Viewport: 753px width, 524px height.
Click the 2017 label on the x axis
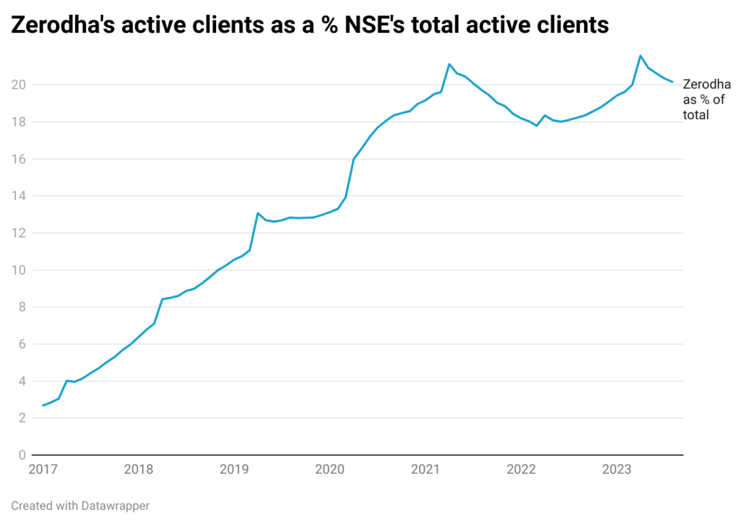(x=43, y=469)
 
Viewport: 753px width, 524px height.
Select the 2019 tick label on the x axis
(x=235, y=469)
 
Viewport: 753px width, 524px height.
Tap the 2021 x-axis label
(x=427, y=469)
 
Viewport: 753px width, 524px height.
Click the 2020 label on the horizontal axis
(x=330, y=469)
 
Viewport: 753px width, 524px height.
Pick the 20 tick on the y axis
(x=20, y=85)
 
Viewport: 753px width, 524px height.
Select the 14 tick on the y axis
(x=20, y=196)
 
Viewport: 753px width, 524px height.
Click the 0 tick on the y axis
(x=23, y=455)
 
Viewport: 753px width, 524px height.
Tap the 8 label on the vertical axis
(x=23, y=307)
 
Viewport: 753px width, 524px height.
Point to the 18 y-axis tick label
(x=20, y=122)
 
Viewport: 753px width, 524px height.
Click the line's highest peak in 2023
(x=640, y=56)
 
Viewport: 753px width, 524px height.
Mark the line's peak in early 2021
(x=449, y=64)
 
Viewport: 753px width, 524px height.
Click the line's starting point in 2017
(x=43, y=406)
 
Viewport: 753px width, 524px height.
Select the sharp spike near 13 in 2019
(x=258, y=213)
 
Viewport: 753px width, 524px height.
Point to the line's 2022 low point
(x=537, y=126)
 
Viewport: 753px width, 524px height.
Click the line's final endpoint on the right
(x=672, y=82)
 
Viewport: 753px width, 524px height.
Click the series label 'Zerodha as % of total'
(x=707, y=99)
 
